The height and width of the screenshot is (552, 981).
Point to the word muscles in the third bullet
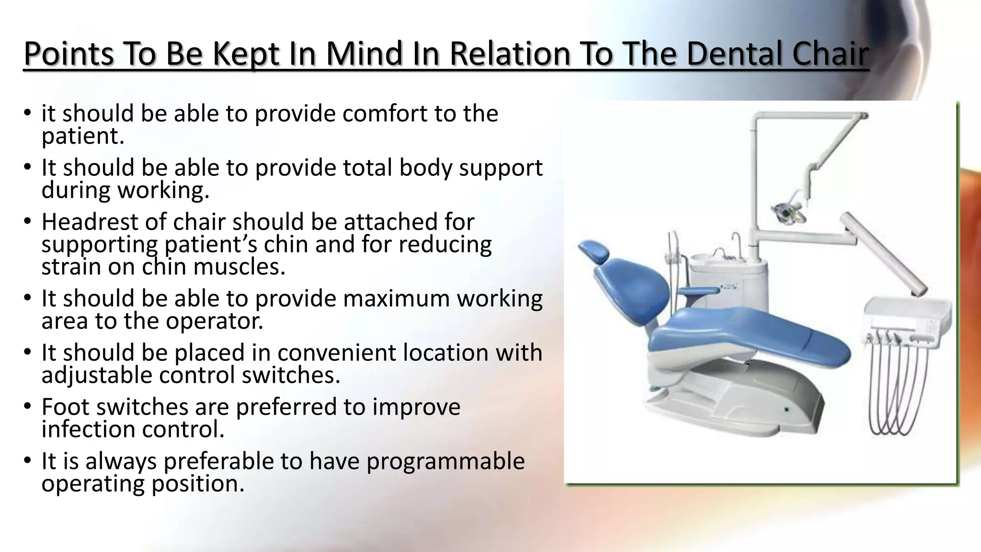coord(239,267)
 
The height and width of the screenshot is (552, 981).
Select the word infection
coord(99,429)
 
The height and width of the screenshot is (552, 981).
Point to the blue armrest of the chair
coord(697,292)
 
